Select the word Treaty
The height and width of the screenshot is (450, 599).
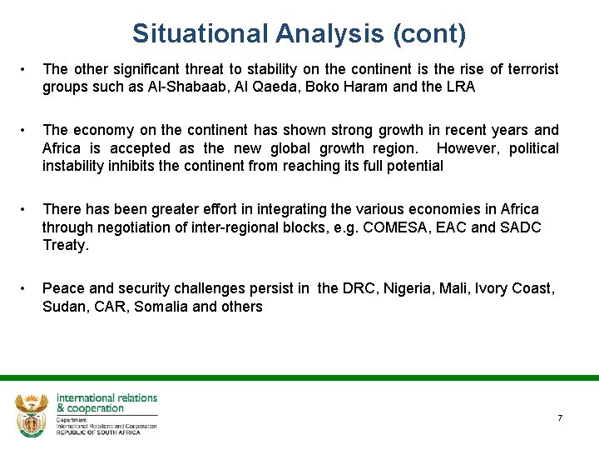click(64, 245)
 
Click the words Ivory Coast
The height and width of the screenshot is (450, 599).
click(517, 288)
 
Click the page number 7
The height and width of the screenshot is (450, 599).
click(560, 417)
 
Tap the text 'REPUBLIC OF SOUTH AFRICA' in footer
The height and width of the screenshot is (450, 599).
click(98, 432)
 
